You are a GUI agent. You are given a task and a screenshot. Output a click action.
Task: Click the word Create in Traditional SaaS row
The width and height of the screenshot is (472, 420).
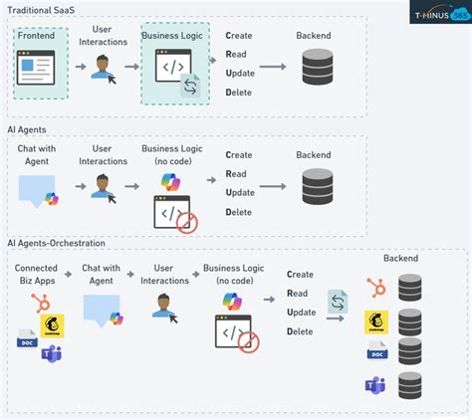click(x=239, y=36)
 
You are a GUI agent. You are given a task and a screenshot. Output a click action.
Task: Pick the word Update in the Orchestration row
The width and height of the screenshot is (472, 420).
click(x=302, y=312)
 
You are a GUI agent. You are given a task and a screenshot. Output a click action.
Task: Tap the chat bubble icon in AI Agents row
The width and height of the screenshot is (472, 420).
click(x=37, y=189)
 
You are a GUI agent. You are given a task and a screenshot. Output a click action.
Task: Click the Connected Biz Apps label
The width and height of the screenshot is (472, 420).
click(x=37, y=274)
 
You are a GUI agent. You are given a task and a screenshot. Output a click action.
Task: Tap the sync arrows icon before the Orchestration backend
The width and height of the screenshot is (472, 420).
click(x=338, y=301)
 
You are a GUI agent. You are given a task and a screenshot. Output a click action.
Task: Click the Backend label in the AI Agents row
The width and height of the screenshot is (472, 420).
click(x=316, y=154)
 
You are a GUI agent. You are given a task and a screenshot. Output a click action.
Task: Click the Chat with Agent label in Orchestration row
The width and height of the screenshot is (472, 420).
click(x=101, y=274)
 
